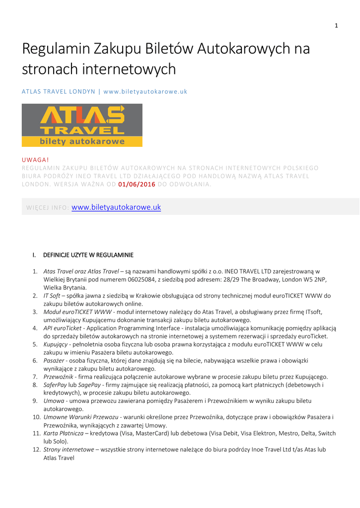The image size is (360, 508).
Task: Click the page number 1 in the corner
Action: [336, 26]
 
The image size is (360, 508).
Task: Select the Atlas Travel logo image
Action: [82, 125]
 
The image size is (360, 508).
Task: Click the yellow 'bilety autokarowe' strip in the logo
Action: [82, 142]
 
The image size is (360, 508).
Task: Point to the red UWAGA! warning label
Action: [36, 160]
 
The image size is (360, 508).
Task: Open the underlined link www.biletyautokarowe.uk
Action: [116, 207]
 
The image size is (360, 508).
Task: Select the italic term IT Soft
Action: [52, 296]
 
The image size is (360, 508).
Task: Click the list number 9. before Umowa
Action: [35, 400]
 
